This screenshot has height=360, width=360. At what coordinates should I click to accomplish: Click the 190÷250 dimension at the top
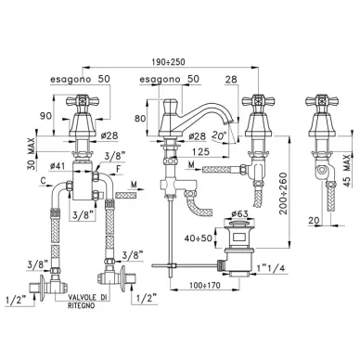pos(168,62)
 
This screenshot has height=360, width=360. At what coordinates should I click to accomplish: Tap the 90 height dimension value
pos(45,116)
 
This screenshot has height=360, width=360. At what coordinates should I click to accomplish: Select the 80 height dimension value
pos(140,118)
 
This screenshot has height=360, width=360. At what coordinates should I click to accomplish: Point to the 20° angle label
pos(219,135)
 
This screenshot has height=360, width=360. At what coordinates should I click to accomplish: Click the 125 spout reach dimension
pos(200,151)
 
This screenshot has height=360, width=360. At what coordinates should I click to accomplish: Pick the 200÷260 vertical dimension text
pos(283,193)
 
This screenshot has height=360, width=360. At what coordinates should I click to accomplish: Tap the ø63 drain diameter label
pos(239,213)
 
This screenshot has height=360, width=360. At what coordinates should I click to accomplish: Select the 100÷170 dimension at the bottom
pos(205,285)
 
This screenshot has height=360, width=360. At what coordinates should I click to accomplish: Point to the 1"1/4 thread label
pos(271,268)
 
